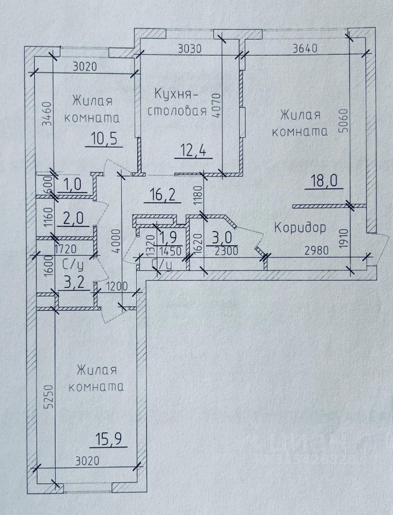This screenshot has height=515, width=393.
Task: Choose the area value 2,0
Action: pos(75,220)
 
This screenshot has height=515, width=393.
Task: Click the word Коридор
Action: pos(300,227)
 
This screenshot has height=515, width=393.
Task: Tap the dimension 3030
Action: pos(189,49)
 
